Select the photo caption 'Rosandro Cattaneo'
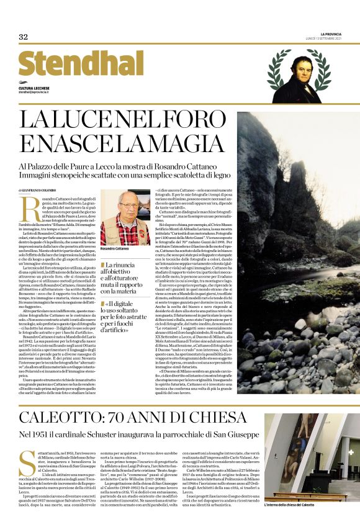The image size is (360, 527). coord(117,249)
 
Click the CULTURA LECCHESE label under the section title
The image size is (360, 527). coord(35,87)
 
